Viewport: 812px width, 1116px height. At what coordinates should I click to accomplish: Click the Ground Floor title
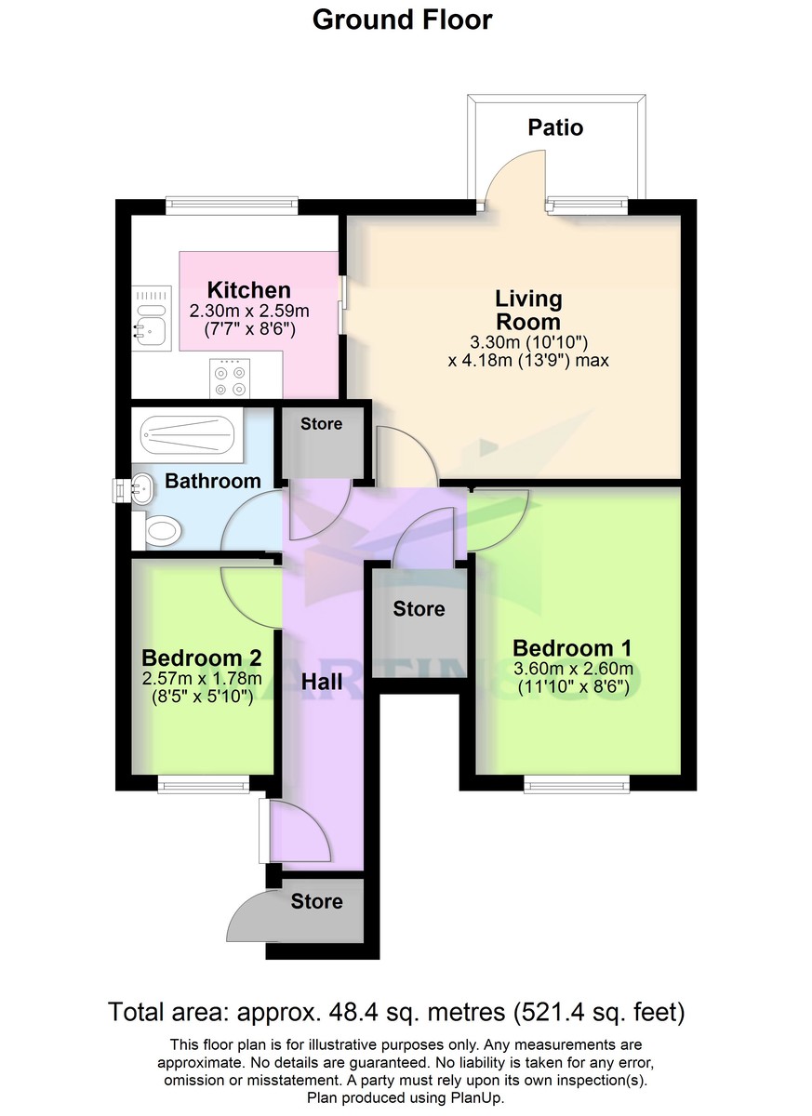click(x=402, y=20)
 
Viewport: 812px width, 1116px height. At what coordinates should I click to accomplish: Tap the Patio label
click(x=555, y=127)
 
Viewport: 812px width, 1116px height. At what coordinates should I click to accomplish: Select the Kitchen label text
click(x=248, y=290)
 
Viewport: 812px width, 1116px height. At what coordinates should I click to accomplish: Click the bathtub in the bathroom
click(x=186, y=434)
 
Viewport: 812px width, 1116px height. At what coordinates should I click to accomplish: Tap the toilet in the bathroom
click(x=160, y=532)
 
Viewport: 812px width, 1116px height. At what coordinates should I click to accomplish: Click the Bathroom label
click(x=213, y=481)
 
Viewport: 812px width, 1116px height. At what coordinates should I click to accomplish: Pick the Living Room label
click(x=528, y=311)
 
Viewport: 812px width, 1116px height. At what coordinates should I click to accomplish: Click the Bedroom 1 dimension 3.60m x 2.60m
click(x=574, y=670)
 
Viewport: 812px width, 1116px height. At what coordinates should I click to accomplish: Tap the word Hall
click(x=322, y=682)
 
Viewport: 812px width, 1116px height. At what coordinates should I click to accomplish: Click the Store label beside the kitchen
click(x=321, y=424)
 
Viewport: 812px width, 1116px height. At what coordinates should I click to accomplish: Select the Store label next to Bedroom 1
click(x=419, y=609)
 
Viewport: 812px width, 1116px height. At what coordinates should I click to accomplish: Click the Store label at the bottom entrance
click(x=316, y=901)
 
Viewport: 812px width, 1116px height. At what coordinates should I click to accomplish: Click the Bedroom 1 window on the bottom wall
click(x=577, y=786)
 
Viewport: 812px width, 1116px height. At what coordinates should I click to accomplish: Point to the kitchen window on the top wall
click(x=232, y=202)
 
